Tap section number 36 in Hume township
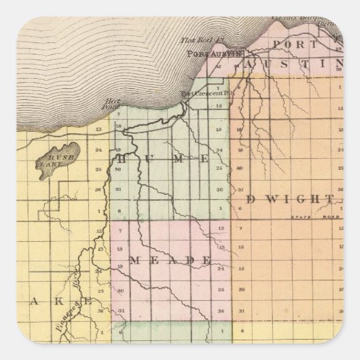click(x=219, y=189)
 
